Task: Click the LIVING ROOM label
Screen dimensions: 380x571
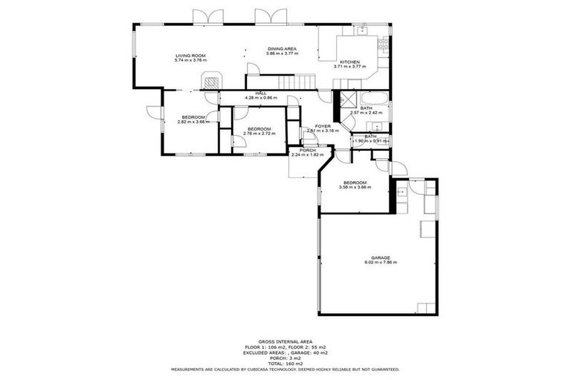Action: point(190,56)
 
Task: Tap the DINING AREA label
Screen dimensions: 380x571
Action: point(283,49)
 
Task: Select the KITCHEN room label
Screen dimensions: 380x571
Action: point(349,62)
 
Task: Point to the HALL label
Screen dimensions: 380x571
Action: point(261,93)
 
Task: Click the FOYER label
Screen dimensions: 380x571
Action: point(323,126)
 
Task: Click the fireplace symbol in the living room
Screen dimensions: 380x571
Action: point(213,79)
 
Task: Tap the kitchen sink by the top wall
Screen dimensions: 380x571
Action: point(363,30)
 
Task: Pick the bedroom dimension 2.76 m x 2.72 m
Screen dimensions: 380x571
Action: point(259,134)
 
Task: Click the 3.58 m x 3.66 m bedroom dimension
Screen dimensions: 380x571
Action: point(354,187)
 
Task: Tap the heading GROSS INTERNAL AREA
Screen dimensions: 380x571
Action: point(285,341)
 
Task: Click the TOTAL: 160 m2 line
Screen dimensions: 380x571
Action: point(285,363)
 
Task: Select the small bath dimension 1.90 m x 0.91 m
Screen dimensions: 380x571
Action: point(370,141)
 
